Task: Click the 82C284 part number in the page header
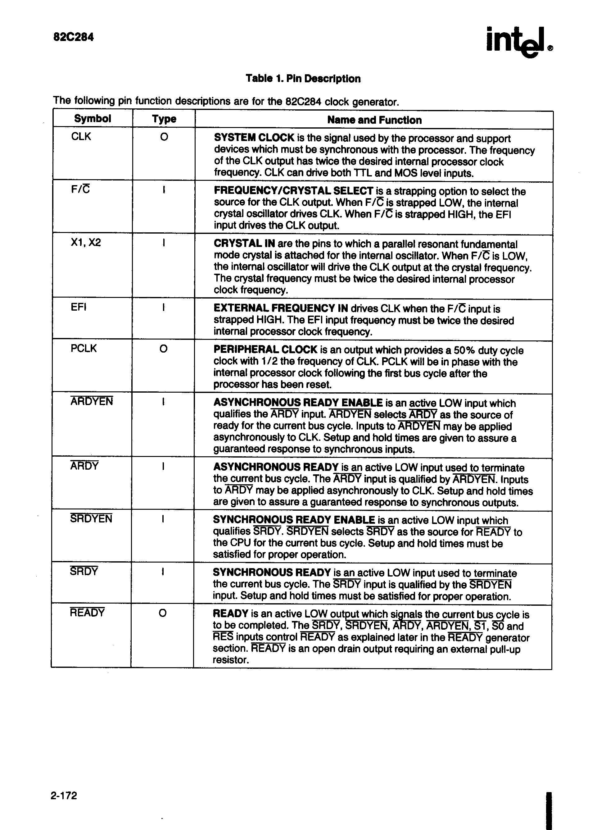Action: click(73, 37)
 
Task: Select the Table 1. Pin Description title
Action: click(303, 79)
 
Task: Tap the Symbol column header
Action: click(93, 119)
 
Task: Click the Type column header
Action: click(164, 119)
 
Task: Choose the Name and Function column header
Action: click(374, 120)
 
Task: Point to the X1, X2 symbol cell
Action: click(86, 243)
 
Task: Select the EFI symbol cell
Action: click(79, 307)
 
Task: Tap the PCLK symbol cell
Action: click(84, 348)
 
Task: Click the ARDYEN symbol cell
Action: click(92, 401)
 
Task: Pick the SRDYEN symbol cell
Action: click(91, 518)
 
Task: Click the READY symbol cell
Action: click(87, 613)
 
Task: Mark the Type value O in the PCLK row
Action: click(164, 349)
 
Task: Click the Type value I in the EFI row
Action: click(163, 307)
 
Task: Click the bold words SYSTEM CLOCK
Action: click(254, 138)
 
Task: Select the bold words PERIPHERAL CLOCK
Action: click(265, 349)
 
